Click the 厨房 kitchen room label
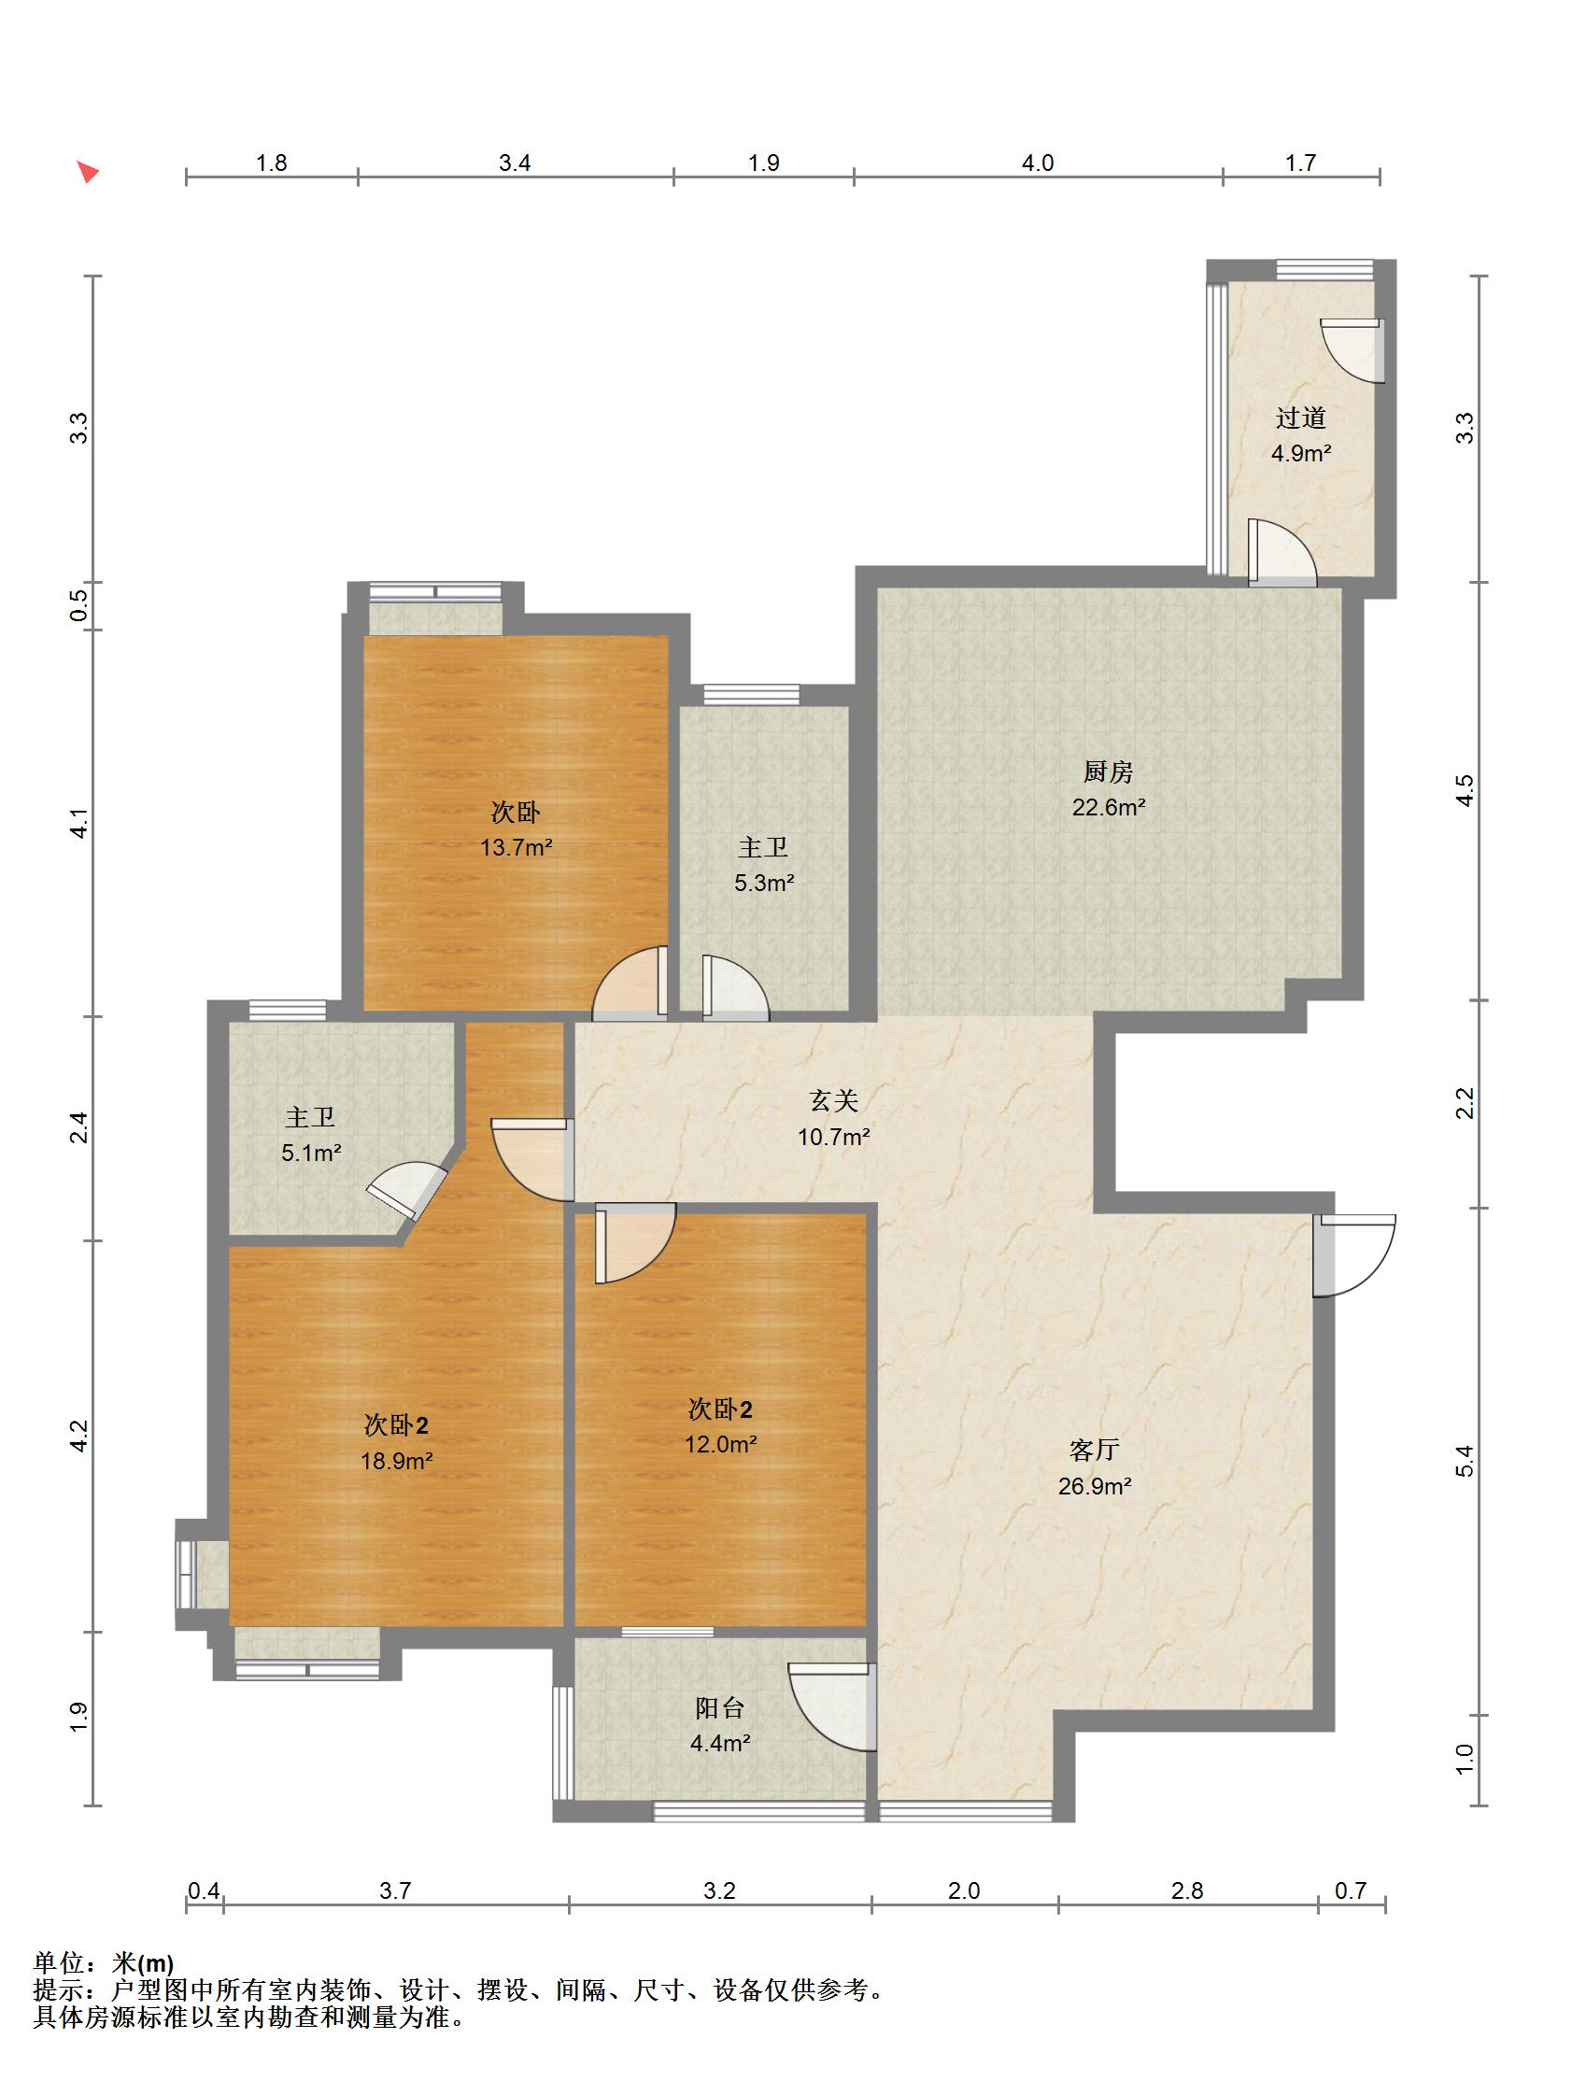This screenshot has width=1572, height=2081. click(1107, 772)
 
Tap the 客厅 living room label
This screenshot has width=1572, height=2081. click(1093, 1450)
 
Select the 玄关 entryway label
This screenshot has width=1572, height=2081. click(833, 1100)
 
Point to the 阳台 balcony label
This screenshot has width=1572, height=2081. click(719, 1707)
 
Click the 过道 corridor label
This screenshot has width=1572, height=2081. click(1300, 418)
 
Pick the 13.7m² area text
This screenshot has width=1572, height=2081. click(516, 848)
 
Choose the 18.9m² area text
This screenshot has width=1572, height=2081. click(396, 1461)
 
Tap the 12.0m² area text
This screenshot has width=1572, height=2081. click(719, 1444)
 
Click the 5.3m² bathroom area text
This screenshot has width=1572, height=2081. click(764, 884)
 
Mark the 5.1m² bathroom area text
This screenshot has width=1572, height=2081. click(310, 1153)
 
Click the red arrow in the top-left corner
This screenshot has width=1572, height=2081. click(88, 172)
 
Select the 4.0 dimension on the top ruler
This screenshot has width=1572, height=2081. click(1037, 163)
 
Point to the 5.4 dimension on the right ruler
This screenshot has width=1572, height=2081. click(1465, 1460)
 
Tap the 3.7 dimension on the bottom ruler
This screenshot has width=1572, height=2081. click(395, 1891)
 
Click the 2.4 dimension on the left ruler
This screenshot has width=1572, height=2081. click(81, 1128)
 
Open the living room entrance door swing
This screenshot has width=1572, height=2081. click(1354, 1255)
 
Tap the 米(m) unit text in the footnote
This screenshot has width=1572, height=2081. click(143, 1963)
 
